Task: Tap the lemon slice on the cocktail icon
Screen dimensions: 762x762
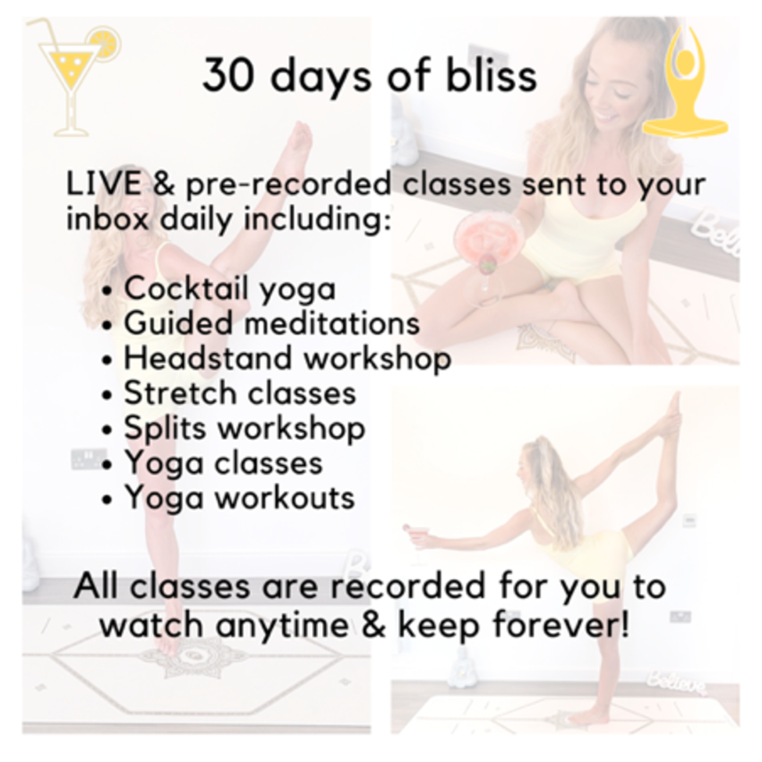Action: [x=103, y=44]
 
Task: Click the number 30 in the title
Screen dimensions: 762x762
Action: [x=228, y=75]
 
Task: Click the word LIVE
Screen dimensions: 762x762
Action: [x=104, y=184]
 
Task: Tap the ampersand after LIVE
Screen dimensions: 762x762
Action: [x=164, y=184]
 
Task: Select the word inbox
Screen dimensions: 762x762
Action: [x=107, y=219]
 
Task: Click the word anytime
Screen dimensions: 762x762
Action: [x=282, y=625]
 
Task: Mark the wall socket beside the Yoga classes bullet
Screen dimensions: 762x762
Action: [x=88, y=460]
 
